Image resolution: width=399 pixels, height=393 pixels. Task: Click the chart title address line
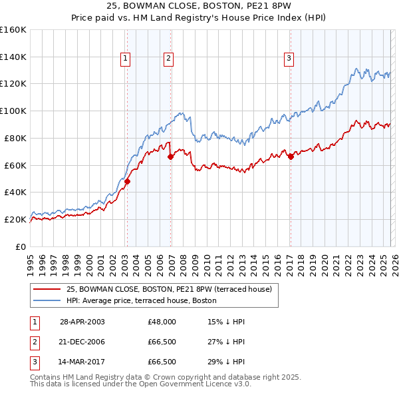(199, 6)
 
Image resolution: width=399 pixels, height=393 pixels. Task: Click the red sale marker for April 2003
(127, 181)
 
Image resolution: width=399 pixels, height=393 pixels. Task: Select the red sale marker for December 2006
(170, 157)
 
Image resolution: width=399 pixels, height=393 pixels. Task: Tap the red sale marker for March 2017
(291, 157)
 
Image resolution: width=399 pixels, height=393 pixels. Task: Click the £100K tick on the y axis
(13, 111)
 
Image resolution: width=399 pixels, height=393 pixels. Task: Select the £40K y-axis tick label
(15, 192)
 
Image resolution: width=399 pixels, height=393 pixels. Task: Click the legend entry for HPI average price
(141, 300)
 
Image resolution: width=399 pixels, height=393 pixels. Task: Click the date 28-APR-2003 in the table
(82, 321)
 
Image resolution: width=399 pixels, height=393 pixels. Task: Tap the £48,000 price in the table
(162, 321)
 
